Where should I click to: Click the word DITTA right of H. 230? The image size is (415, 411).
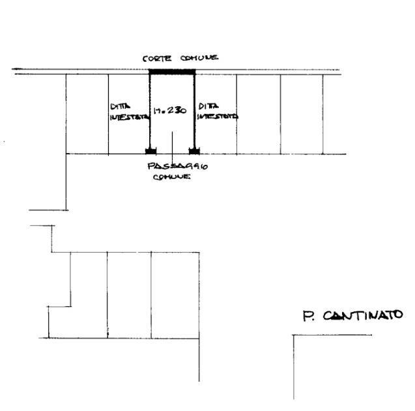tap(208, 105)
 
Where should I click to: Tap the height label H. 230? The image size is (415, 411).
tap(171, 111)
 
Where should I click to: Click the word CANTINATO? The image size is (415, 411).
tap(362, 316)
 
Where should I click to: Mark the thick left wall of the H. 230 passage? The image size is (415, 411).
tap(150, 111)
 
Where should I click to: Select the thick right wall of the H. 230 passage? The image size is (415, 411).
tap(193, 111)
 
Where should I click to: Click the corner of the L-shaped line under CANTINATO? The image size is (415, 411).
tap(294, 335)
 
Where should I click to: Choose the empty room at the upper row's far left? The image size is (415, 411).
tap(87, 114)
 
